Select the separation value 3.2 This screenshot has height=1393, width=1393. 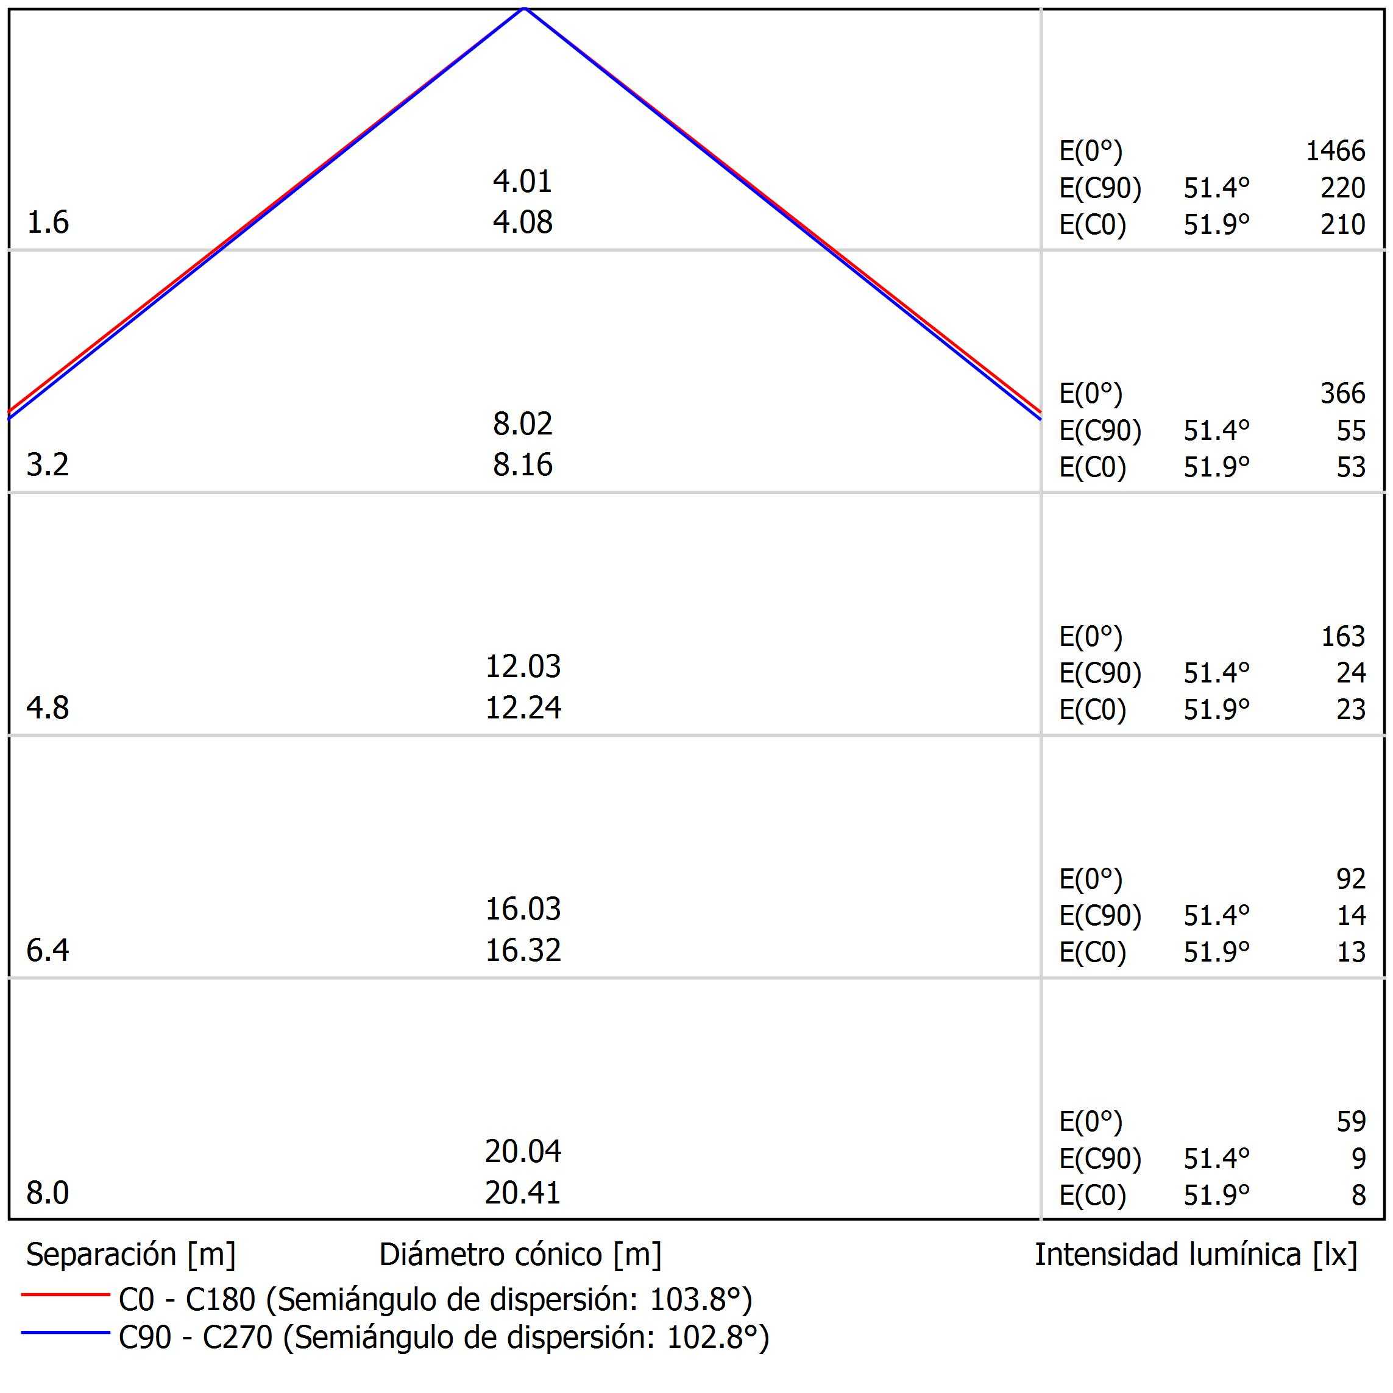point(48,465)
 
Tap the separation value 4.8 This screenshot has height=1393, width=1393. point(48,708)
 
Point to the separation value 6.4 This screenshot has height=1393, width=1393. point(48,950)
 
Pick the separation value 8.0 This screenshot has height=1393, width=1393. point(48,1193)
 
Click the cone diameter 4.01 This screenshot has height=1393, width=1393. point(523,181)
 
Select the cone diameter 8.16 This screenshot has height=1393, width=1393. point(523,465)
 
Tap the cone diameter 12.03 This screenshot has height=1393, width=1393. point(523,666)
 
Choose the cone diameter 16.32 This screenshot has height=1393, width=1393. point(523,950)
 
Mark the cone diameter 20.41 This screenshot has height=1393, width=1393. point(523,1193)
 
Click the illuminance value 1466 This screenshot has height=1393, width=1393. point(1335,151)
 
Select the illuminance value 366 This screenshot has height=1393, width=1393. point(1342,394)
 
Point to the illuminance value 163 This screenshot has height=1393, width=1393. point(1342,637)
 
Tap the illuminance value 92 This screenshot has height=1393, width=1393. point(1350,879)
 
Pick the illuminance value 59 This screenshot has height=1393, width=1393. point(1350,1122)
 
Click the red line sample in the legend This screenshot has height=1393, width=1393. point(65,1294)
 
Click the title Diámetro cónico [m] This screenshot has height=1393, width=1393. point(520,1255)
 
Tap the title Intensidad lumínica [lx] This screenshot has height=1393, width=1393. point(1196,1255)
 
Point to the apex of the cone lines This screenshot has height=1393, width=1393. point(524,9)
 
